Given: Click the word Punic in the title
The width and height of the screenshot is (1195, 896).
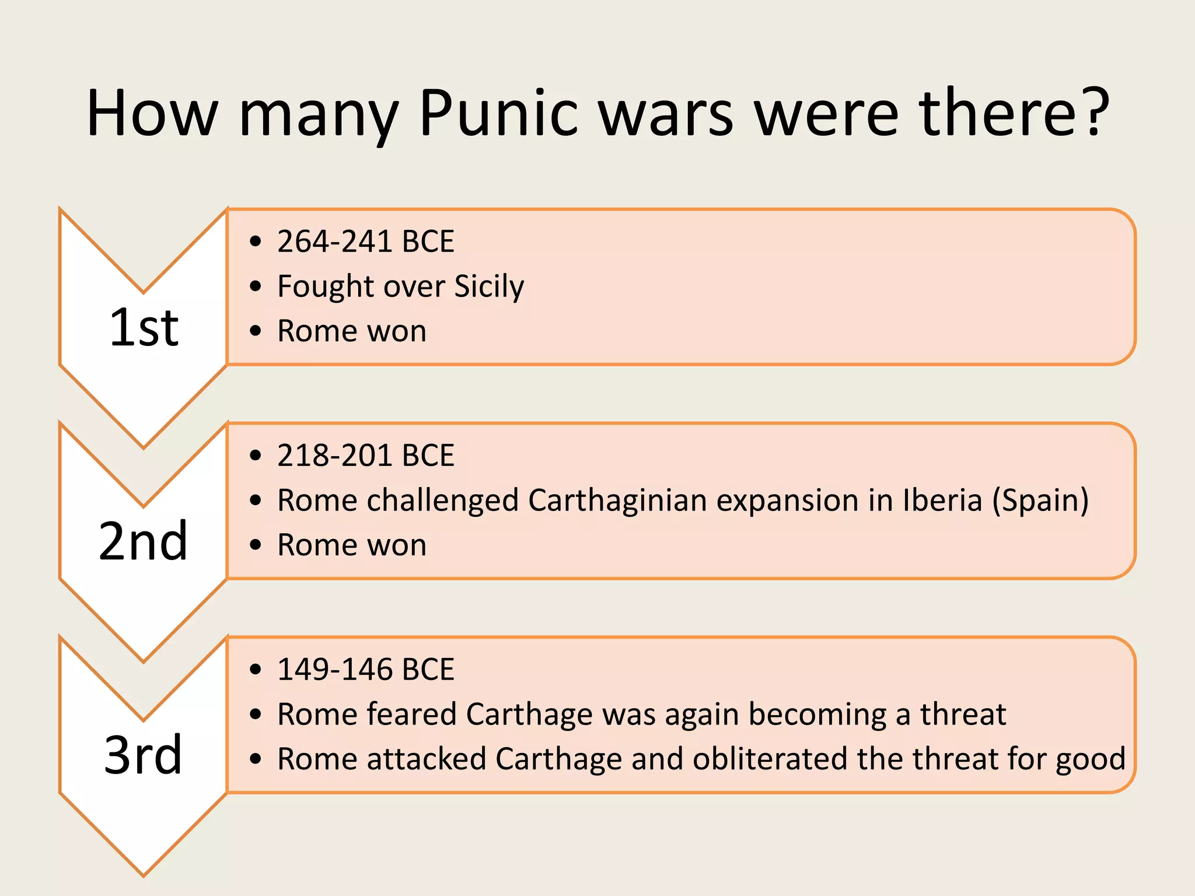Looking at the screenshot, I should coord(498,113).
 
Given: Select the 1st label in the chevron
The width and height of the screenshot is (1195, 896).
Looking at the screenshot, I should coord(144,328).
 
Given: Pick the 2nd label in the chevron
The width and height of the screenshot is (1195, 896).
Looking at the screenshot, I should coord(144,542).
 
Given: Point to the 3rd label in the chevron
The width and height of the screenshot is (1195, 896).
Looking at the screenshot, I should coord(144,755).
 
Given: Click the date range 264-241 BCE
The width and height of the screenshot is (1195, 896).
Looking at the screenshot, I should coord(365,242).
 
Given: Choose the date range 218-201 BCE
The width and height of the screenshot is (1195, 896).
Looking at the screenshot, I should coord(365,456).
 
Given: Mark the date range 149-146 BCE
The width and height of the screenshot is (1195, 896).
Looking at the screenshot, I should coord(365,669).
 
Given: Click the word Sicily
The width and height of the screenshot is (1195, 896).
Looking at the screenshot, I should coord(489,286).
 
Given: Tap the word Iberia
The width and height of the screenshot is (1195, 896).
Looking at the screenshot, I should coord(942,501).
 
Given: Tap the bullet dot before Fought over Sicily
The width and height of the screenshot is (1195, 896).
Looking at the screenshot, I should coord(255,286).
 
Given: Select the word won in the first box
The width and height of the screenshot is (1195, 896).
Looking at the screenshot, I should coord(397,331).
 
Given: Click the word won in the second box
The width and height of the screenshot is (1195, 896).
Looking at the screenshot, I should coord(397,545).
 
